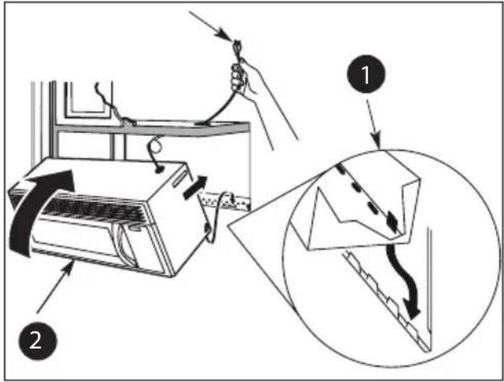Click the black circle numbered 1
point(366,74)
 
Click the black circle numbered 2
point(38,341)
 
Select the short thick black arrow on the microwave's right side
point(195,187)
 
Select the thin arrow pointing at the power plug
point(211,27)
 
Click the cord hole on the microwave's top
point(159,169)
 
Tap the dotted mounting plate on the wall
point(225,201)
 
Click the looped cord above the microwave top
point(155,151)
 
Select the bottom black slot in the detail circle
point(392,220)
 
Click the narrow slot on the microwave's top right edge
point(179,178)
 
